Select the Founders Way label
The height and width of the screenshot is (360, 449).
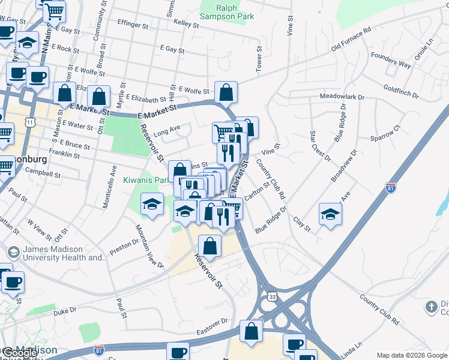390,61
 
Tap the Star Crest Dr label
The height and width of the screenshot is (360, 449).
320,146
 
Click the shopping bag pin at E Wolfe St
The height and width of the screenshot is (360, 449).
226,92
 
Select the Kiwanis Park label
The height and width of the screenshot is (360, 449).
145,180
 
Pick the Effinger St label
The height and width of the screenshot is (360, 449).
133,26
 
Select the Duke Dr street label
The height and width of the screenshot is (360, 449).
65,311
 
